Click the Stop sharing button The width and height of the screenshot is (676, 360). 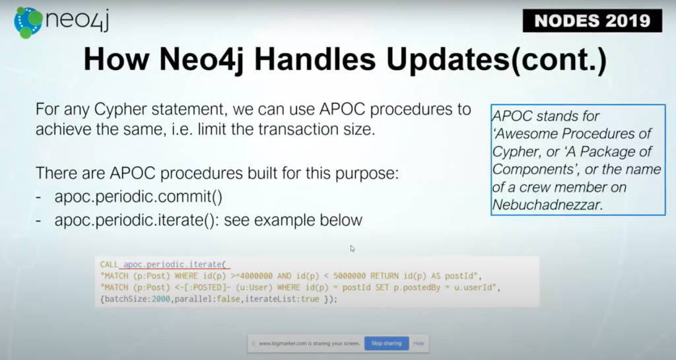point(386,343)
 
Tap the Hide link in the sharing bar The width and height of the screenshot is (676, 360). point(419,343)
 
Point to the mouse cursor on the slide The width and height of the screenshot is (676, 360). point(353,249)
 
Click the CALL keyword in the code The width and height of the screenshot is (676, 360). point(110,263)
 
